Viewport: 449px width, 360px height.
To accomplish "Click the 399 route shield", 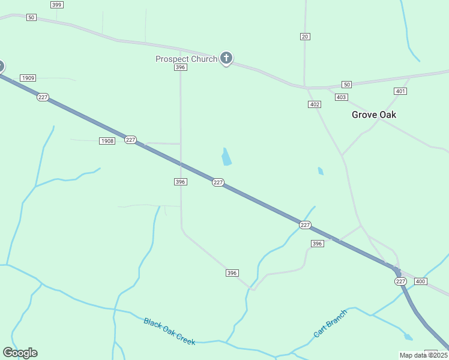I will tap(56, 5).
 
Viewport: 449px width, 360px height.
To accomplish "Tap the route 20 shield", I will tap(305, 37).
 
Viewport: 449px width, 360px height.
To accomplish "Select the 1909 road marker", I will tap(28, 78).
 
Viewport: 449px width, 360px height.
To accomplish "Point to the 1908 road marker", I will tap(107, 141).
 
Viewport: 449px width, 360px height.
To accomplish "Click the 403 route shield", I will tap(341, 97).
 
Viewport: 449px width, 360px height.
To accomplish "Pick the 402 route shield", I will tap(315, 104).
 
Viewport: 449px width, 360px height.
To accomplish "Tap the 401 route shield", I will tap(400, 91).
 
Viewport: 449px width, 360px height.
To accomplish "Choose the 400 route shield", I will tap(420, 281).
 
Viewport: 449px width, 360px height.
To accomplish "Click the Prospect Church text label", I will tap(186, 59).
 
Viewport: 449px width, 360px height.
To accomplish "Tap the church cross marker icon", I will tap(226, 58).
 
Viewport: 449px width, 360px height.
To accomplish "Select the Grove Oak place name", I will tap(374, 115).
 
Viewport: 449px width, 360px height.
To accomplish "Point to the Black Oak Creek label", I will tap(169, 331).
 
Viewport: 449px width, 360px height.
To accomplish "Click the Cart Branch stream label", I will tap(330, 323).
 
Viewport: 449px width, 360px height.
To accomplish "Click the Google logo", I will tap(20, 353).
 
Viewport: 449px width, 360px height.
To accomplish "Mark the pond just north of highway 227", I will tap(226, 157).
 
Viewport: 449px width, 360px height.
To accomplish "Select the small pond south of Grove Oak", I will tap(321, 171).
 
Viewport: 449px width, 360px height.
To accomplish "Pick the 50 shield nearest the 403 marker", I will tap(346, 85).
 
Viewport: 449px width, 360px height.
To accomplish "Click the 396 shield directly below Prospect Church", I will tap(181, 68).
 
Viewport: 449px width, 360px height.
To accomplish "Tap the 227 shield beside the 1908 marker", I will tap(130, 140).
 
